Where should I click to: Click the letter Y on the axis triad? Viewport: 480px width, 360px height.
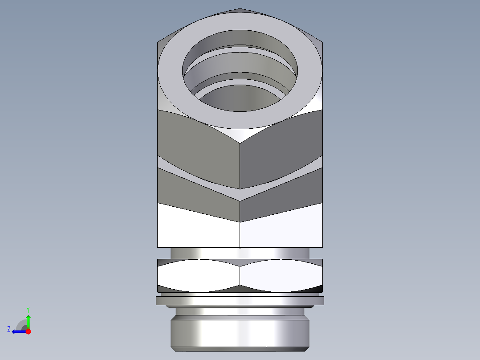click(28, 309)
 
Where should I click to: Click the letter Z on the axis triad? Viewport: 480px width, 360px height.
click(9, 329)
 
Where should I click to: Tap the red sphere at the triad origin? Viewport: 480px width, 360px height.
click(28, 331)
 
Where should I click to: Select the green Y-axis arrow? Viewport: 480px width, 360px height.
click(28, 321)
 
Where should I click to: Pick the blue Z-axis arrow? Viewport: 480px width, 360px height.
click(18, 331)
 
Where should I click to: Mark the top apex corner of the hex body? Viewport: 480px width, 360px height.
click(240, 9)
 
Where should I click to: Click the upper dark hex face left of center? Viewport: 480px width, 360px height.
click(198, 143)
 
